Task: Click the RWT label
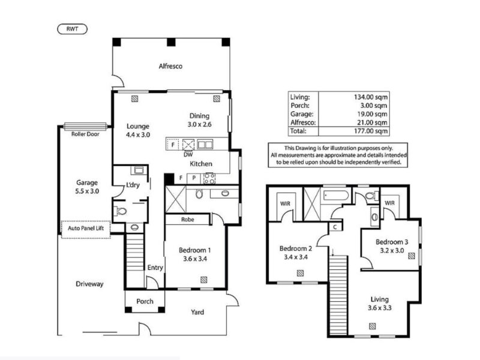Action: [72, 29]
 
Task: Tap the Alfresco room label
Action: [170, 66]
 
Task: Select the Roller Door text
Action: [85, 134]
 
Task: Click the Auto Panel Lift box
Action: [86, 229]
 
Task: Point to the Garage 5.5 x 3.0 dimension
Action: [87, 191]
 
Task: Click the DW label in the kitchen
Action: [188, 155]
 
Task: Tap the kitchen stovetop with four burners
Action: [209, 178]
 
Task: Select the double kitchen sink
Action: [205, 144]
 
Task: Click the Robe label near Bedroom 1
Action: [187, 220]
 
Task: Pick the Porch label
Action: [145, 301]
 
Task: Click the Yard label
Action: [197, 312]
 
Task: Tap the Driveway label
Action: [89, 284]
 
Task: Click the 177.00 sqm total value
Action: [371, 131]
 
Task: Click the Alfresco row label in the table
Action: [303, 122]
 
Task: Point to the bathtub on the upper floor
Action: [336, 196]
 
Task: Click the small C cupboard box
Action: [335, 227]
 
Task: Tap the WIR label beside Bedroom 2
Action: [285, 203]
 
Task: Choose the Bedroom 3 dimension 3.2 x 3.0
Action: [392, 250]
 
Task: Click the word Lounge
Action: [138, 126]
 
